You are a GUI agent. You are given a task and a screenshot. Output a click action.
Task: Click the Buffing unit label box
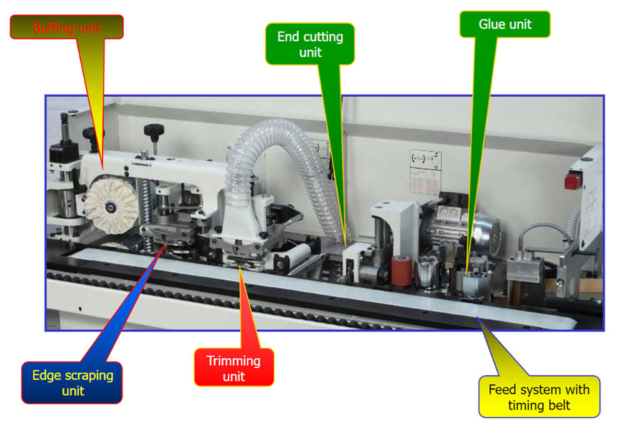67,28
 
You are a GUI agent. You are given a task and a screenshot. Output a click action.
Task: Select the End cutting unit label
310,44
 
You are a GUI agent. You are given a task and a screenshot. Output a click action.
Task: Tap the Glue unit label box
505,24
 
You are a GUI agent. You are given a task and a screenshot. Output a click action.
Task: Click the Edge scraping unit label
72,383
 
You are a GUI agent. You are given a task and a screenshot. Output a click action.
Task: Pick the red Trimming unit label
233,368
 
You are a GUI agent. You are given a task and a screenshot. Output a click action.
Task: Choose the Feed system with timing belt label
539,397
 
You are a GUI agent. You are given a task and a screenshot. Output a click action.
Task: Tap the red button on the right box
571,181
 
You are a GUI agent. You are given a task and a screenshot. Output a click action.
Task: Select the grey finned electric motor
484,233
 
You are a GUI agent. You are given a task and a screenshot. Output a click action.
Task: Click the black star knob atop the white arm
153,131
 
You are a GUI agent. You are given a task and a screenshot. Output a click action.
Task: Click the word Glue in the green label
491,24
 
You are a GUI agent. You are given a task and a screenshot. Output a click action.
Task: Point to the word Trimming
233,361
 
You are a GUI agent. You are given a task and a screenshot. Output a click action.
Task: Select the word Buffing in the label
52,28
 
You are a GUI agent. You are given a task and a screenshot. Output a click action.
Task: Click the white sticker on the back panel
425,169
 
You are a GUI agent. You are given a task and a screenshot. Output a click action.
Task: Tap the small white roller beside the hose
299,255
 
